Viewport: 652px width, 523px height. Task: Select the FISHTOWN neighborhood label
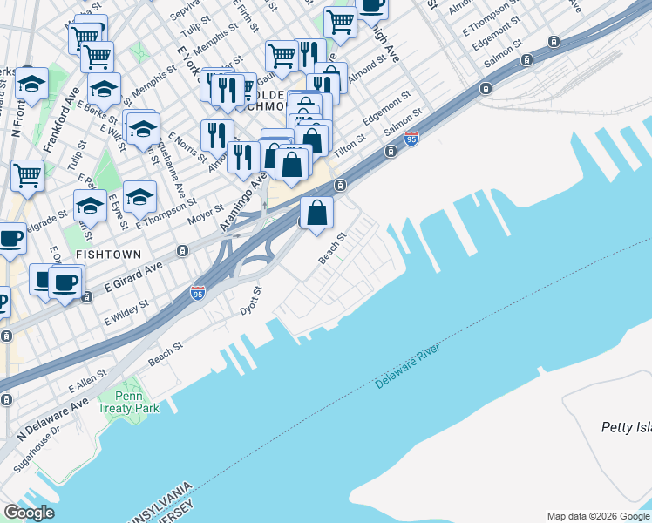click(x=109, y=254)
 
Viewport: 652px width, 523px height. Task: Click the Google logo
click(x=29, y=513)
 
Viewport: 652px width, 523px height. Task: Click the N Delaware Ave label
click(x=54, y=416)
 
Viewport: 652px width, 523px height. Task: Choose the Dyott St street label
click(x=251, y=300)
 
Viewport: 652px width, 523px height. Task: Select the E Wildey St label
click(x=126, y=312)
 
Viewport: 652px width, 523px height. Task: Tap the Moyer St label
click(x=206, y=214)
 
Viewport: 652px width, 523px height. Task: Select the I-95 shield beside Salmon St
click(x=411, y=138)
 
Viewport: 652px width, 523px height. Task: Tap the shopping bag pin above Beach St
click(x=317, y=212)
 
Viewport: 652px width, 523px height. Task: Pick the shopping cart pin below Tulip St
click(x=27, y=173)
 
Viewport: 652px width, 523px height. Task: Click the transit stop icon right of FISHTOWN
click(x=182, y=251)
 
